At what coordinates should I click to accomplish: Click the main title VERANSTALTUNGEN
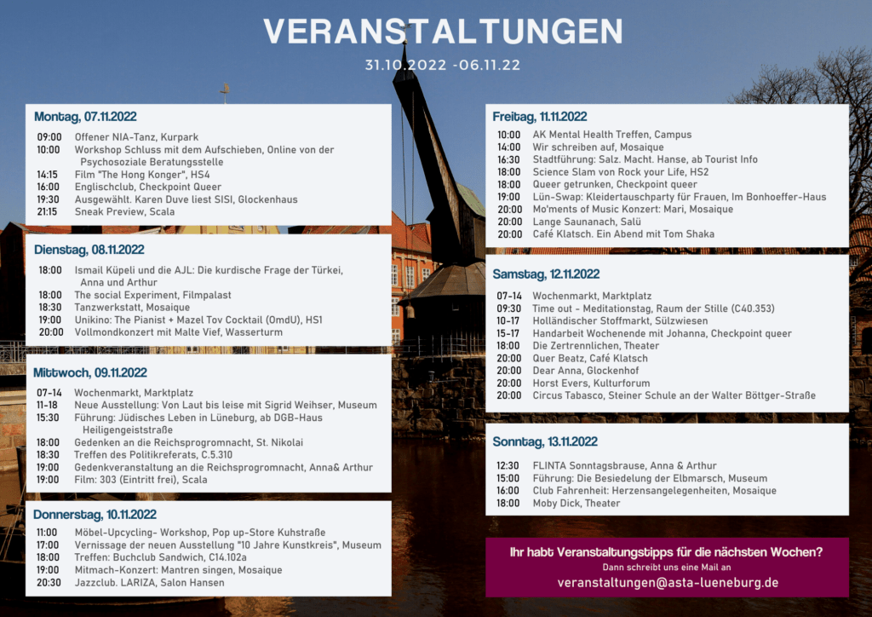pyautogui.click(x=443, y=32)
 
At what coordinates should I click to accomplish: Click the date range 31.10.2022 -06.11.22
pyautogui.click(x=442, y=65)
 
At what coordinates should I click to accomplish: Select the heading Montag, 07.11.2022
pyautogui.click(x=85, y=117)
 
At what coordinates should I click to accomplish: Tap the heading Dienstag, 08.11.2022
pyautogui.click(x=89, y=250)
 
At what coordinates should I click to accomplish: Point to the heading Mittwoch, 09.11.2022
pyautogui.click(x=90, y=372)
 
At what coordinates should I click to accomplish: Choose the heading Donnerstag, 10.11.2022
pyautogui.click(x=95, y=514)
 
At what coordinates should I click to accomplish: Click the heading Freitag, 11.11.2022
pyautogui.click(x=540, y=116)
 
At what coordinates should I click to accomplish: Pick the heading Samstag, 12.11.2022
pyautogui.click(x=546, y=274)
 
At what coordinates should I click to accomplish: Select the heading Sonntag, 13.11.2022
pyautogui.click(x=545, y=441)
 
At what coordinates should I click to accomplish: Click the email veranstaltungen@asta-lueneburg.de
pyautogui.click(x=668, y=583)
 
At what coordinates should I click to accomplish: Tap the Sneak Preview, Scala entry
pyautogui.click(x=124, y=211)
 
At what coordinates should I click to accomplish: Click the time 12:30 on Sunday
pyautogui.click(x=508, y=466)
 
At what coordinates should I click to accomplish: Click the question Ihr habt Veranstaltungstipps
pyautogui.click(x=666, y=552)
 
